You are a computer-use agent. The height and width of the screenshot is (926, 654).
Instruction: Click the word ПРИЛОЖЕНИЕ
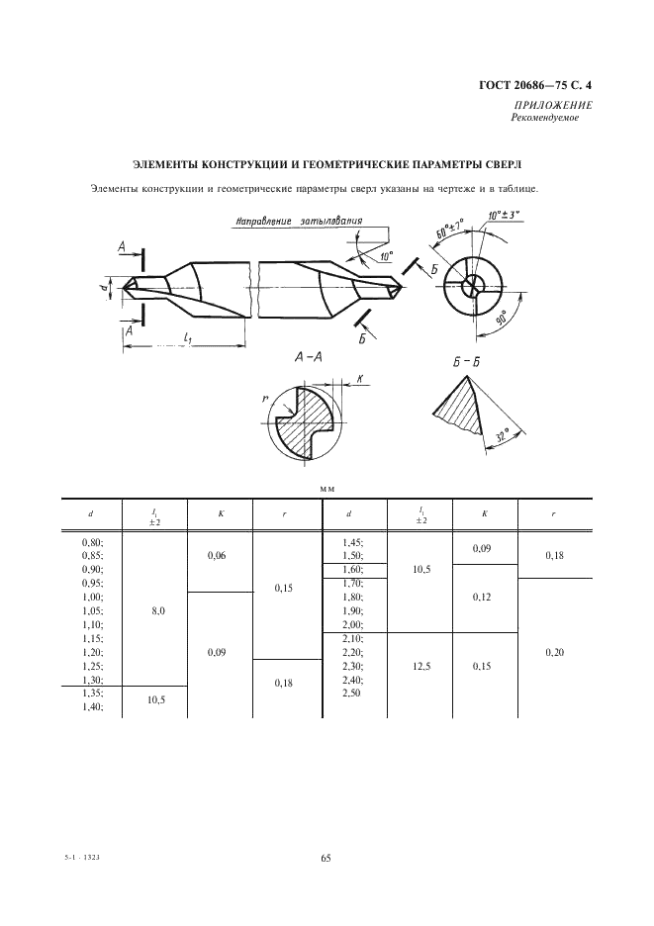click(x=553, y=105)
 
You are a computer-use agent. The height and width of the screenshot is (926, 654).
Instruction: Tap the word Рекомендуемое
click(x=545, y=118)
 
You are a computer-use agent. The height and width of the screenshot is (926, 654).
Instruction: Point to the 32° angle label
click(x=503, y=437)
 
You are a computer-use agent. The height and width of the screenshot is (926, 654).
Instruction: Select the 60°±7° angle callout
click(x=450, y=229)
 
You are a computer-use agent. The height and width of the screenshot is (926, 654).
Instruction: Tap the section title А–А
click(x=308, y=357)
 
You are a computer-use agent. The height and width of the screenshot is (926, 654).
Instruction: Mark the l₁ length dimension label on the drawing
click(x=187, y=337)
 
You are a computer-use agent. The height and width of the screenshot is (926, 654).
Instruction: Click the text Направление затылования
click(x=299, y=221)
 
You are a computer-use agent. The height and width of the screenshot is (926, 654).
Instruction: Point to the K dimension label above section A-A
click(x=359, y=380)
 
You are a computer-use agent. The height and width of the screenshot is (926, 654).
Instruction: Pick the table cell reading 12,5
click(x=421, y=666)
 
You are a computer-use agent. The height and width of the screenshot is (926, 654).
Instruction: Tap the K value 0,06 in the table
click(x=218, y=556)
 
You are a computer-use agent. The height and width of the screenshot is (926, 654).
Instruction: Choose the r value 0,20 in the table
click(x=555, y=653)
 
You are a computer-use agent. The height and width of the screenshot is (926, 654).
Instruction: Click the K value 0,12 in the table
click(x=482, y=598)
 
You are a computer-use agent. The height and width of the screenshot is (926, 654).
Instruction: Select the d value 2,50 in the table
click(x=351, y=693)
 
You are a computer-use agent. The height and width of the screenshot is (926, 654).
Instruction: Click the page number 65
click(x=327, y=859)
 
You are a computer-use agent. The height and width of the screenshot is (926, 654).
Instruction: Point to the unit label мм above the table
click(x=327, y=489)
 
